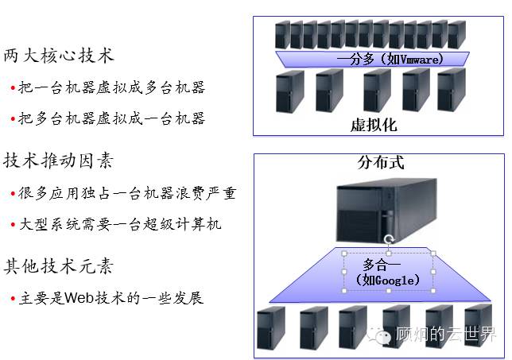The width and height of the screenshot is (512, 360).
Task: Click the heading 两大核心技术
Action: click(59, 56)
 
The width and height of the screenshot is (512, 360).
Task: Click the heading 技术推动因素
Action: click(59, 161)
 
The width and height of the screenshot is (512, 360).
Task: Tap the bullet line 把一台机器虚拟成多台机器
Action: click(111, 87)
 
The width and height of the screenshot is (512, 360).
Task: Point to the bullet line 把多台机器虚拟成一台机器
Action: click(111, 118)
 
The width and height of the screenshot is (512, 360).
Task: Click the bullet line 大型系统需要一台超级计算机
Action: click(119, 224)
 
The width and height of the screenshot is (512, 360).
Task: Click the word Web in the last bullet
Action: click(79, 298)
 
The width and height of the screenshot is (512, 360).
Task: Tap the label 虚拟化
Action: click(374, 126)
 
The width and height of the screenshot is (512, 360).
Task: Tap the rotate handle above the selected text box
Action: click(388, 239)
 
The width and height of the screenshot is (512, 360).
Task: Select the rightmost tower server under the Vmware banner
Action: click(451, 90)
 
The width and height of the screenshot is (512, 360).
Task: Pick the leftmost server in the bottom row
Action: click(270, 329)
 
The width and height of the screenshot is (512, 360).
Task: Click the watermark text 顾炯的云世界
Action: click(446, 335)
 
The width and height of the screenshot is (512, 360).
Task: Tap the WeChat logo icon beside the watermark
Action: click(383, 335)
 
